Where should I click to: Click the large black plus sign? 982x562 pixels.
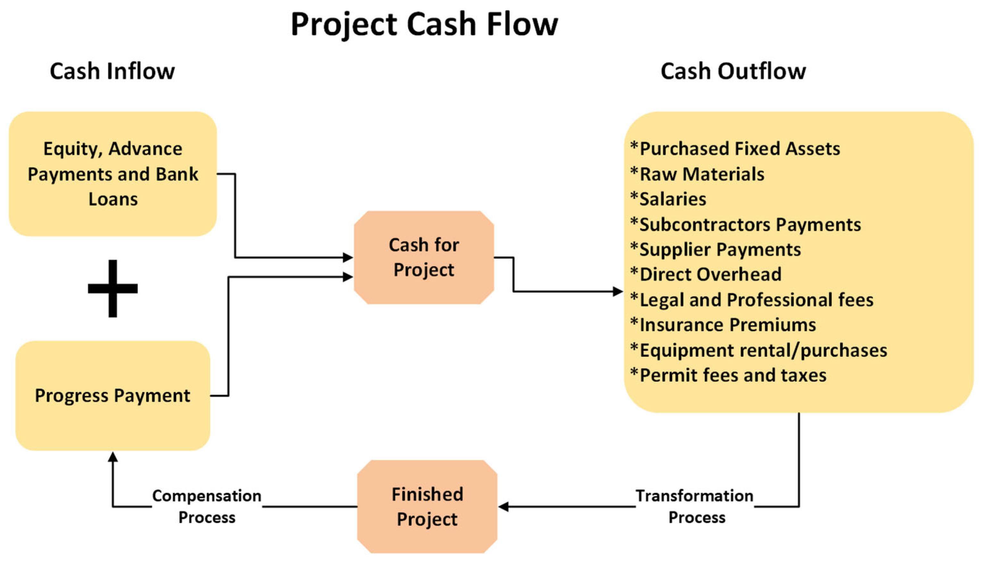pyautogui.click(x=113, y=288)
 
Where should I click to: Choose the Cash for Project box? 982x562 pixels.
pyautogui.click(x=424, y=257)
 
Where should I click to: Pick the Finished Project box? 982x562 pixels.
pyautogui.click(x=427, y=507)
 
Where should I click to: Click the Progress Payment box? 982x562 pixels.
pyautogui.click(x=113, y=396)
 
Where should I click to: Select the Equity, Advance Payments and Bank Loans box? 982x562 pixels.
pyautogui.click(x=113, y=174)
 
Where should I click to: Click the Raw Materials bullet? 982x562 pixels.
pyautogui.click(x=697, y=174)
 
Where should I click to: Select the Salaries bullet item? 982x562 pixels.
pyautogui.click(x=668, y=199)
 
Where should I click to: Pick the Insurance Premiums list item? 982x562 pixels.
pyautogui.click(x=723, y=325)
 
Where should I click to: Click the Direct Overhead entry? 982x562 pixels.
pyautogui.click(x=706, y=274)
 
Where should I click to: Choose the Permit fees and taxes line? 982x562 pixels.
pyautogui.click(x=728, y=375)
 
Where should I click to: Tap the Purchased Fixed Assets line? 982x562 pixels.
pyautogui.click(x=735, y=149)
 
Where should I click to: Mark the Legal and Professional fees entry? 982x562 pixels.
pyautogui.click(x=751, y=300)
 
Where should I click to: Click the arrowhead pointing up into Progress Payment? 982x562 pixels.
pyautogui.click(x=113, y=457)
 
